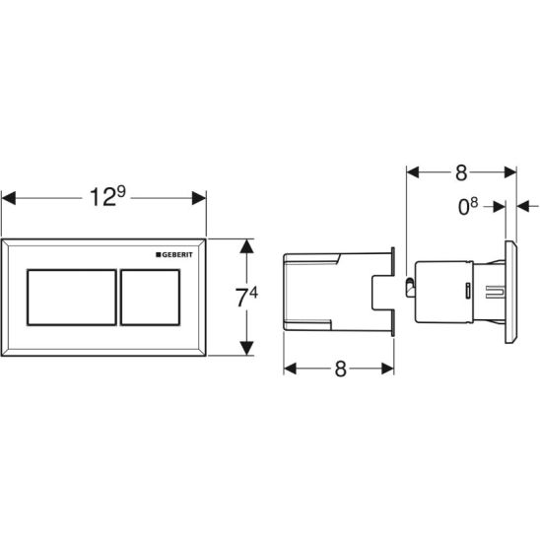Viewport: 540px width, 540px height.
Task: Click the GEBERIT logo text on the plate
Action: (177, 255)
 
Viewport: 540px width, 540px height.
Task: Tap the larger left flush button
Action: (72, 298)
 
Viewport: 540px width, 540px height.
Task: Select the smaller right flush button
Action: (150, 298)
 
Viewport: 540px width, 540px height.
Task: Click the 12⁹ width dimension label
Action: (107, 197)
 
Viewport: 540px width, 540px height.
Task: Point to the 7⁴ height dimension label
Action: (246, 298)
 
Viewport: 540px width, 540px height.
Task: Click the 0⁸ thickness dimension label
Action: (468, 207)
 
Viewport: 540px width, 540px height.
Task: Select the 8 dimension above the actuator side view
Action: (461, 172)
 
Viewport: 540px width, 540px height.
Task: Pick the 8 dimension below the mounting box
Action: (340, 369)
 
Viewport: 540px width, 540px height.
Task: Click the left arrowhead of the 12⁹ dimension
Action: (9, 198)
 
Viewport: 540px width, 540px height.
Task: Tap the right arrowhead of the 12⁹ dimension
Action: (199, 198)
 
